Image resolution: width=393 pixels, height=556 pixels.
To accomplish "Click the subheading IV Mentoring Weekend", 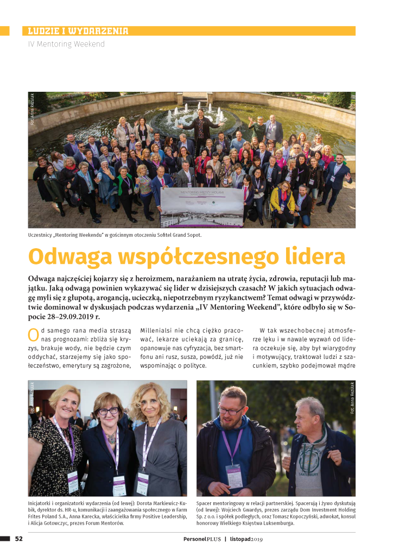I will [66, 44].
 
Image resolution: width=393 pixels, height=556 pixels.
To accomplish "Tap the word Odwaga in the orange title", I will [67, 257].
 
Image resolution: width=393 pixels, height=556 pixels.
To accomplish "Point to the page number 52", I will [18, 539].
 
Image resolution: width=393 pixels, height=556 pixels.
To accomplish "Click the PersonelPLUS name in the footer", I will [201, 539].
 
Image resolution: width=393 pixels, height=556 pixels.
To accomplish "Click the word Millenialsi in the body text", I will [157, 330].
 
